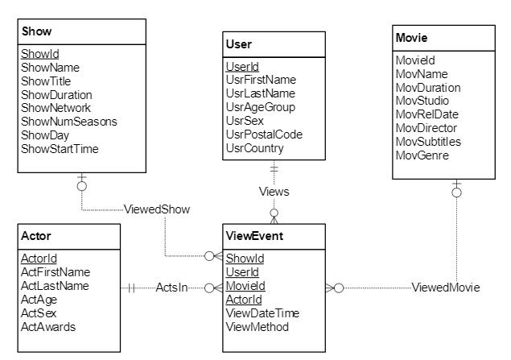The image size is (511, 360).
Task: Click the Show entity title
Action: pos(37,32)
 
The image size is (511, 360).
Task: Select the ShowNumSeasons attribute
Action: pos(68,122)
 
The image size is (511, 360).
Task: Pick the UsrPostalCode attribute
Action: pos(265,134)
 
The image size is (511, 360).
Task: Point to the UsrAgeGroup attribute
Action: pos(261,107)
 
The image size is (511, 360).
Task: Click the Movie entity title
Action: pos(412,38)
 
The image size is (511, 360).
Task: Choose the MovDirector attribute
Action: pos(427,128)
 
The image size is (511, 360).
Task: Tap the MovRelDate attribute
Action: pos(427,114)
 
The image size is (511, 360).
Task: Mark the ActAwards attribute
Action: pos(47,326)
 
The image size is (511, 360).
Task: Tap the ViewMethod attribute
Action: pos(258,327)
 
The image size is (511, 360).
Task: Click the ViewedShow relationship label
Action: pos(157,209)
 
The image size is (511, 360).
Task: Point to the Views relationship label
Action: pos(274,192)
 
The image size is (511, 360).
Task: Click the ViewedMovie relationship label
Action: pos(444,287)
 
